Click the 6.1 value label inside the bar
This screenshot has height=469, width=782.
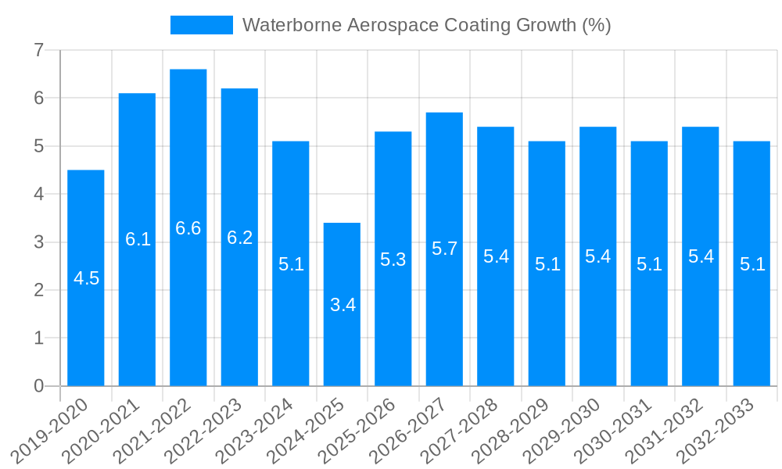138,239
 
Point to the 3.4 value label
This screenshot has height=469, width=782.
343,305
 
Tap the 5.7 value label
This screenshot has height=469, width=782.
444,249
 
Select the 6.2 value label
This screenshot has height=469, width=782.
239,238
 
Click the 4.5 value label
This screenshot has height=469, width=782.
86,278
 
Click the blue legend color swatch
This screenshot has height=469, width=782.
202,25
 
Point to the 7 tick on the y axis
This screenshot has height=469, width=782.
38,50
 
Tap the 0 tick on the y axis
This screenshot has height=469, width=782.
38,386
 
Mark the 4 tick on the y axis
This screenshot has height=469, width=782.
38,194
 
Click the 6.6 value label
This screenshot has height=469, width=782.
188,228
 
